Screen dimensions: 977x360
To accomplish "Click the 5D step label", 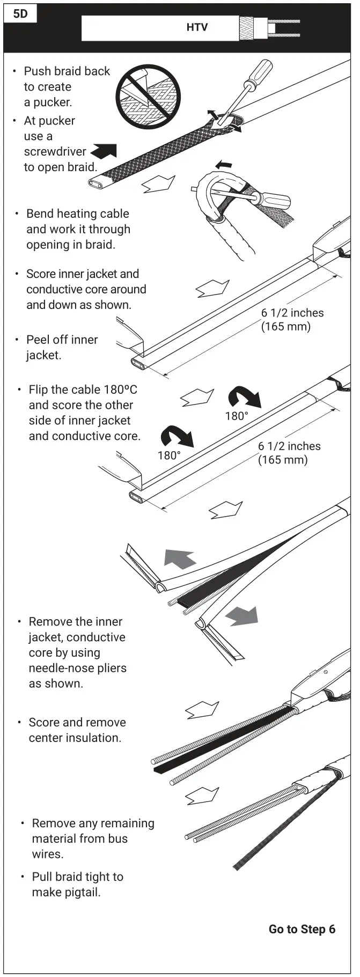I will (x=20, y=14).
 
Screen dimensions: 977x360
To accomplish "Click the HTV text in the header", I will (x=197, y=27).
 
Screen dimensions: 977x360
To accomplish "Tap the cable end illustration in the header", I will (x=268, y=28).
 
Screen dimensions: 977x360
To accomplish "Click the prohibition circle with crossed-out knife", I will (x=148, y=97).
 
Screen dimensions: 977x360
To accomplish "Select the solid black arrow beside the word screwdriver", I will (x=104, y=151).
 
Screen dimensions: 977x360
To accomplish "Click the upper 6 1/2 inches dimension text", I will (x=292, y=313).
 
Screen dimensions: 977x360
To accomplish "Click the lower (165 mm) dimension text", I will (x=283, y=460).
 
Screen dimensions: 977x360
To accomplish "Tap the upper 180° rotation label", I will (x=237, y=416).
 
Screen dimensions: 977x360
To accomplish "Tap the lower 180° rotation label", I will (x=169, y=456).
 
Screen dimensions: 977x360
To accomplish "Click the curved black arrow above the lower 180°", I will (x=177, y=436).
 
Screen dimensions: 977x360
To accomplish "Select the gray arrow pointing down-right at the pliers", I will (x=242, y=615).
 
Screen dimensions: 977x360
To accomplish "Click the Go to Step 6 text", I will (x=302, y=929).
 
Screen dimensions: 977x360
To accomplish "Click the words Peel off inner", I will (x=62, y=340).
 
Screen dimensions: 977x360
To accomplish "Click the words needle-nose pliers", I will (x=77, y=668).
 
